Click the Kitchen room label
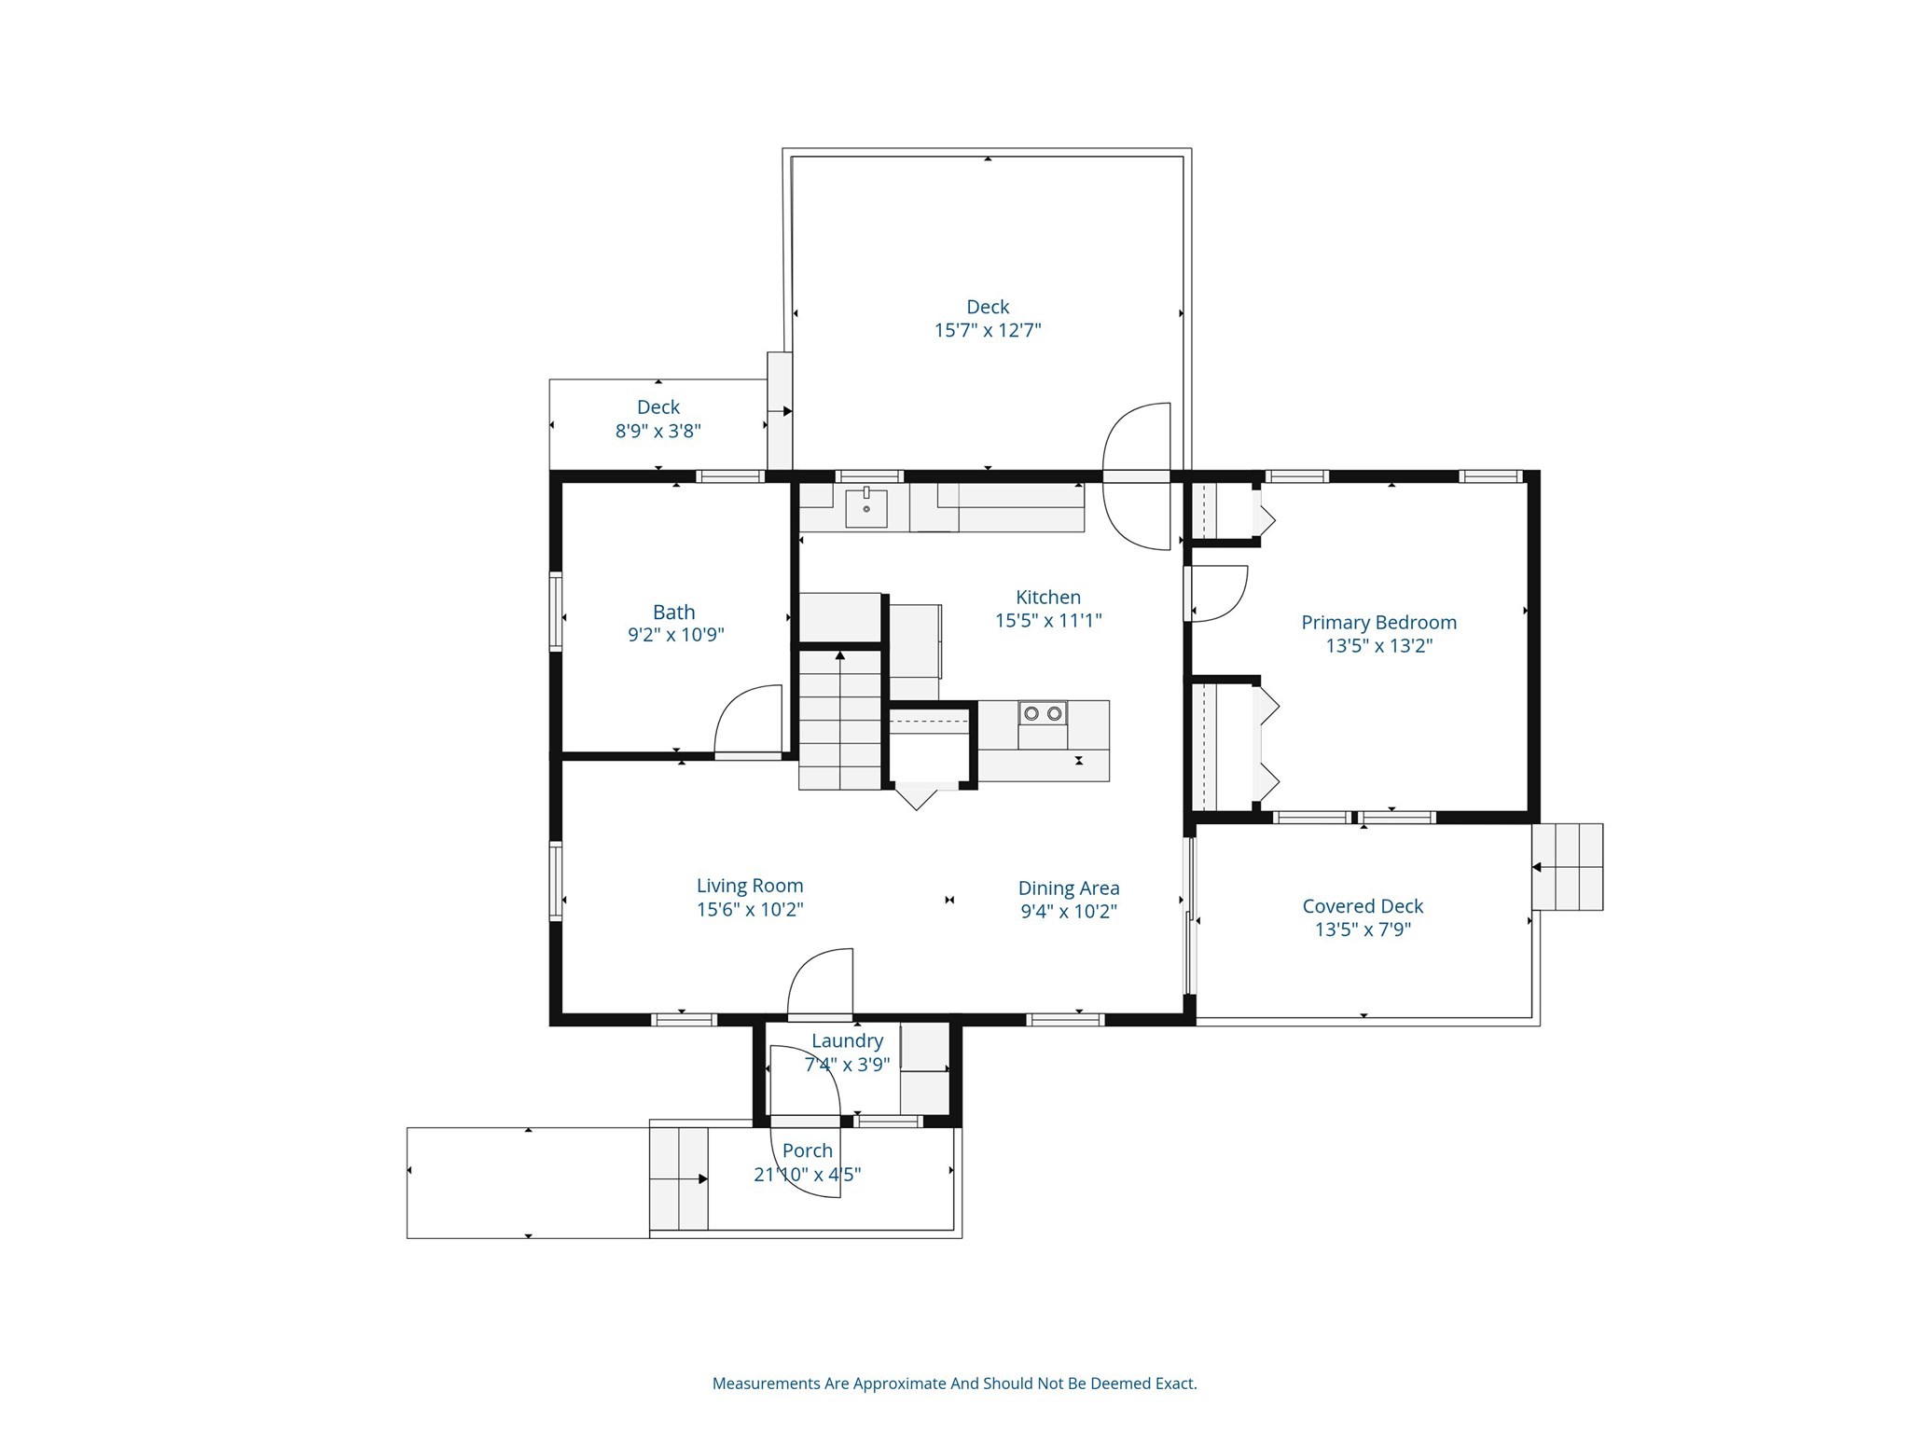[1047, 598]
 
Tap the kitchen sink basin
[866, 509]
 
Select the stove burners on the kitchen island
[1043, 714]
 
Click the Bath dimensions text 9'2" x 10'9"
[675, 636]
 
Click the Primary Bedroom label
[1378, 623]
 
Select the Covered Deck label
[1363, 906]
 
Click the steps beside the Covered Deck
[1568, 867]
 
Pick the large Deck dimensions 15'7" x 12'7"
[988, 330]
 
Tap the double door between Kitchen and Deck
[1137, 476]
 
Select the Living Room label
[750, 886]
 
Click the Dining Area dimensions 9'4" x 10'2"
[1069, 912]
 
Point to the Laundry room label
[847, 1041]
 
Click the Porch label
[808, 1151]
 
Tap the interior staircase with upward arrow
[840, 720]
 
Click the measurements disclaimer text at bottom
[954, 1384]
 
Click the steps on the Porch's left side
[679, 1178]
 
